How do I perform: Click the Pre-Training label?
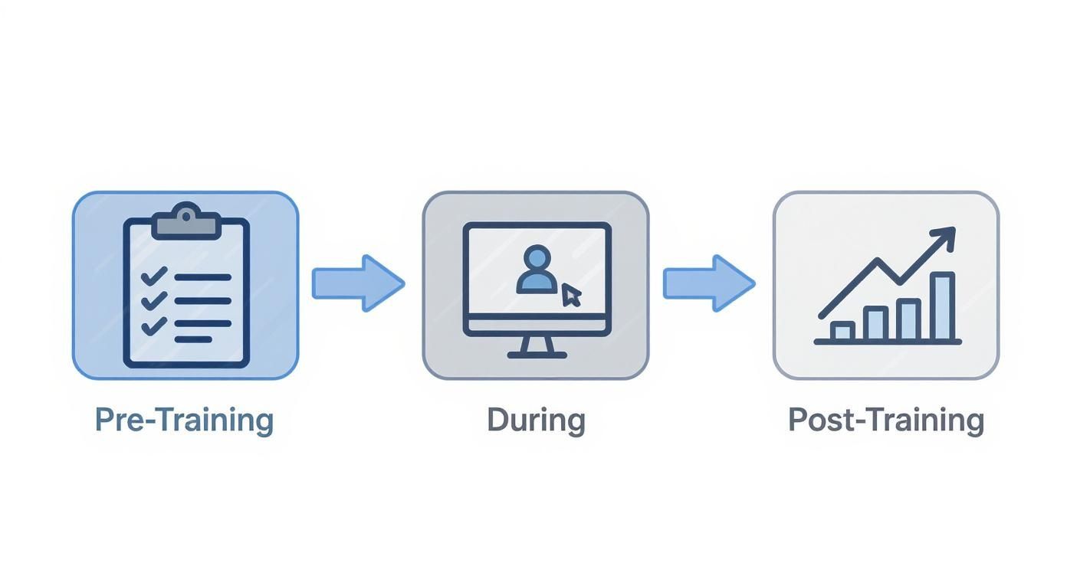(184, 421)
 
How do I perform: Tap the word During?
(536, 421)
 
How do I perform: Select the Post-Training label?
(886, 421)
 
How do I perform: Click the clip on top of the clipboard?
(187, 221)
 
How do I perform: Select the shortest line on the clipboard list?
(193, 339)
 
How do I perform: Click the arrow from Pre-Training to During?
(358, 283)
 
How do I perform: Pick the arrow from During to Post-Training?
(709, 283)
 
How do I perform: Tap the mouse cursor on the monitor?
(571, 295)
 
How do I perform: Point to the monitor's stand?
(537, 348)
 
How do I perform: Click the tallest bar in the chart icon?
(943, 306)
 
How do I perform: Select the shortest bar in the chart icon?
(842, 331)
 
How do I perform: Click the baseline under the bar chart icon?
(888, 342)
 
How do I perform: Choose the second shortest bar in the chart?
(875, 323)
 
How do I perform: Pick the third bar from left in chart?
(908, 319)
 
